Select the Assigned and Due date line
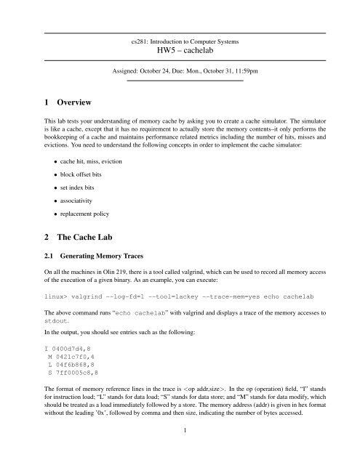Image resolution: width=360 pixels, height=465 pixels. tap(180, 73)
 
